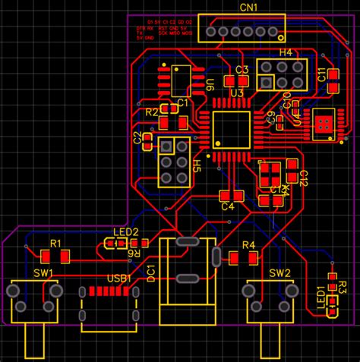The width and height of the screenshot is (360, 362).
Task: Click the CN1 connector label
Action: (x=248, y=7)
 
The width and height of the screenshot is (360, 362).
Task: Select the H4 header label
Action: (x=286, y=52)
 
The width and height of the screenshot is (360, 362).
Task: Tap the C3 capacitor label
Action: (x=242, y=70)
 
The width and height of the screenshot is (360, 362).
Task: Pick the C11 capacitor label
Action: (x=322, y=75)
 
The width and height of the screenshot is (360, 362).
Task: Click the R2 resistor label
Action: (x=152, y=112)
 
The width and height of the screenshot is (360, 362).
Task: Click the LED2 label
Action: (x=126, y=232)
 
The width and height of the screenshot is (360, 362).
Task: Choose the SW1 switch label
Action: (x=43, y=272)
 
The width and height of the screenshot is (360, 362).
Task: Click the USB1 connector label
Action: (x=119, y=279)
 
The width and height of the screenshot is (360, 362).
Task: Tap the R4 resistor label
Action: (x=248, y=245)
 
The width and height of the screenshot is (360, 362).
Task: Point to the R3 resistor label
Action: (x=343, y=288)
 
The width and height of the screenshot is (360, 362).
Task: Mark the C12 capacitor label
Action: (x=303, y=179)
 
